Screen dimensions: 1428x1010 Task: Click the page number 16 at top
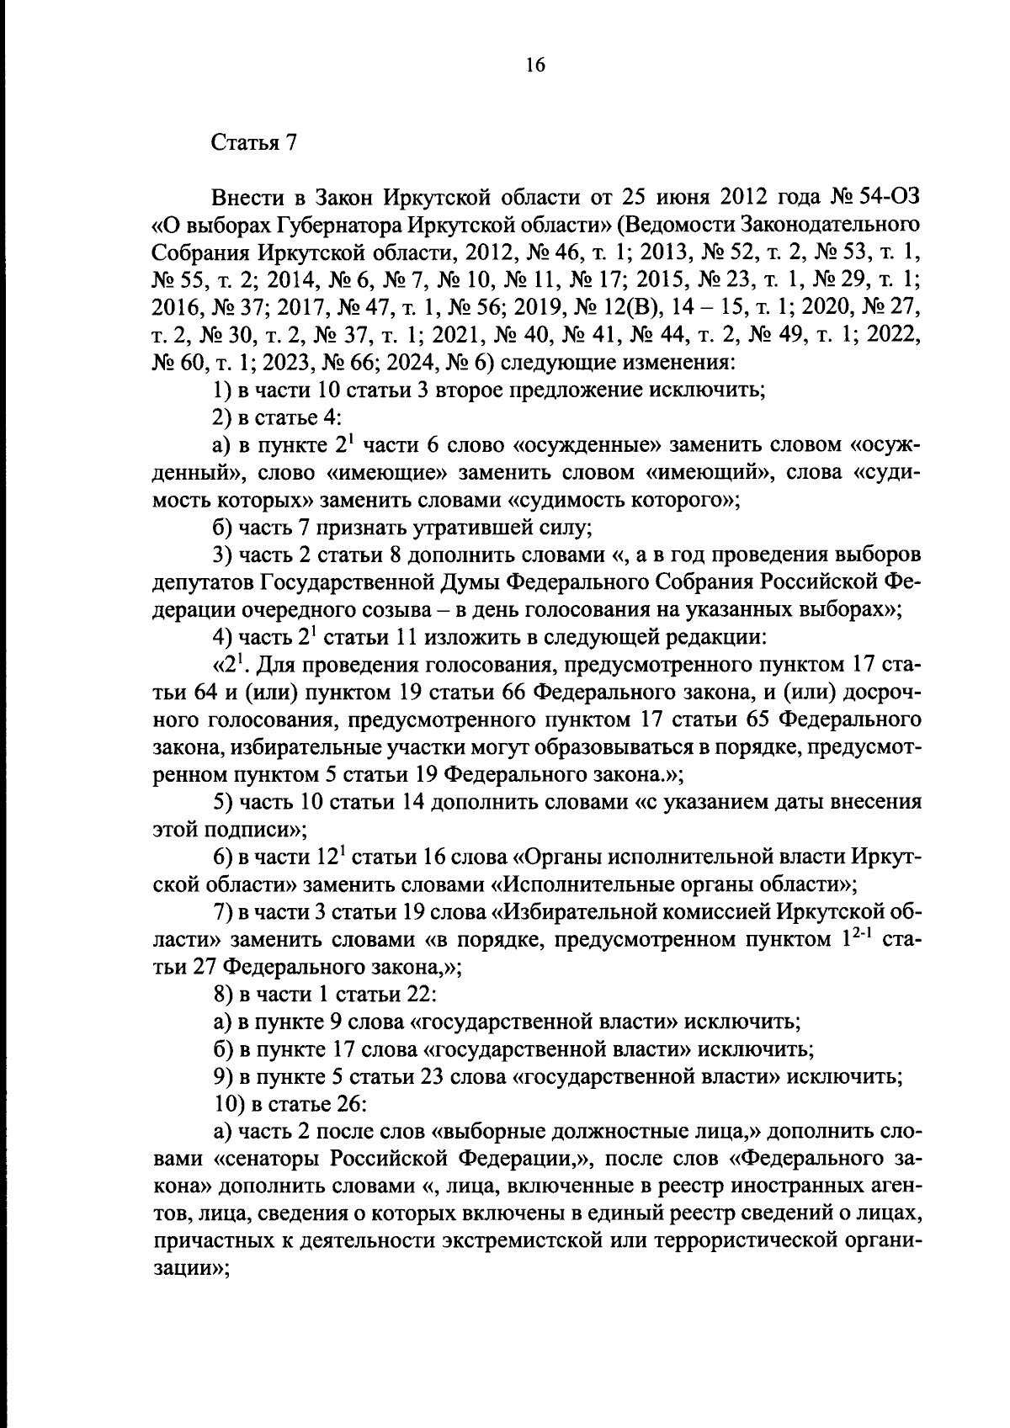pos(536,65)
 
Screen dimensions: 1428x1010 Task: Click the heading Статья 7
pos(254,141)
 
